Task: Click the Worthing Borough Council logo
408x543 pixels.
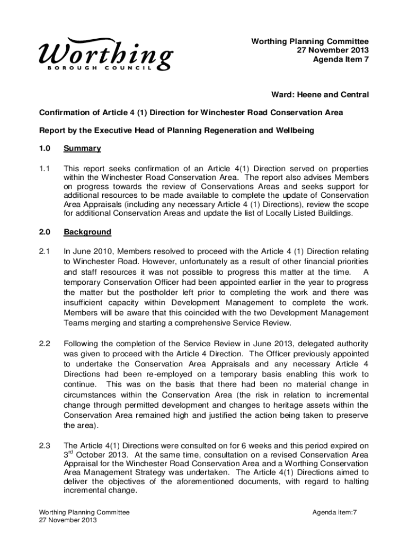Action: tap(105, 55)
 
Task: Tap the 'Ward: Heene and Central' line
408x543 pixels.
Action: tap(321, 94)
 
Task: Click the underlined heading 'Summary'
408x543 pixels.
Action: tap(82, 148)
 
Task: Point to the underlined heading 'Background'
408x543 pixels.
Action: tap(87, 232)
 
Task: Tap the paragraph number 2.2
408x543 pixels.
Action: tap(45, 344)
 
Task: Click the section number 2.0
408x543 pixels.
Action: tap(45, 232)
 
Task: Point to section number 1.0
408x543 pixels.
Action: tap(45, 148)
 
